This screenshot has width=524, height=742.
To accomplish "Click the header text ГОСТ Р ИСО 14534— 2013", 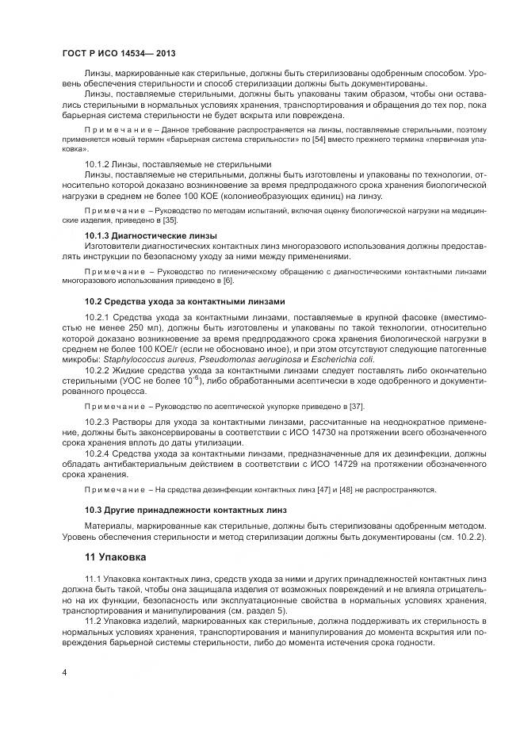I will coord(118,53).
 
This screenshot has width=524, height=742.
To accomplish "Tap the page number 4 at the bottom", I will coord(63,672).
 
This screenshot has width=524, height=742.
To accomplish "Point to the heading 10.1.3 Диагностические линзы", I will coord(151,235).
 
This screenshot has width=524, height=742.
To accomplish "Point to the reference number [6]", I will coord(230,281).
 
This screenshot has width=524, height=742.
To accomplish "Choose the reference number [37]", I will coord(358,406).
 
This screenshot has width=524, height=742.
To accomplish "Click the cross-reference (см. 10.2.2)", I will coord(458,537).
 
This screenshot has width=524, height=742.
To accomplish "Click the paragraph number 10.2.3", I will coord(98,421).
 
